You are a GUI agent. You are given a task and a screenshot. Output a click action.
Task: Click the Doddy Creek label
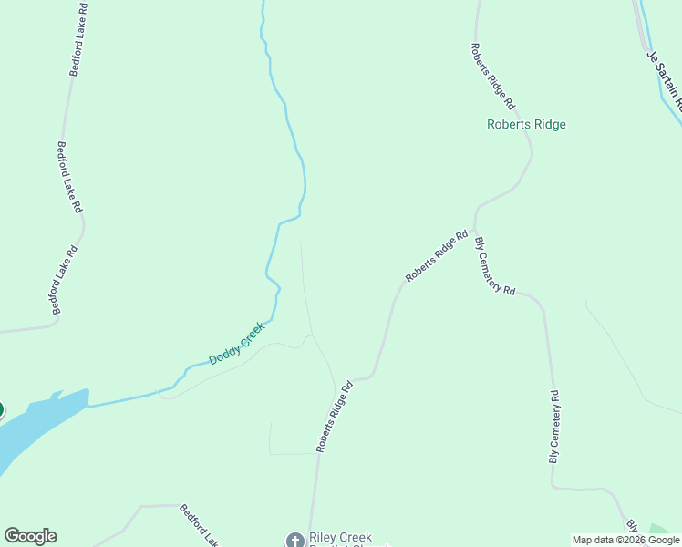tap(237, 344)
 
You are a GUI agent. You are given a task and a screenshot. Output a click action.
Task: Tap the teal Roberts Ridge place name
tap(526, 125)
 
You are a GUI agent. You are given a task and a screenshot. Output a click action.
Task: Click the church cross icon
tap(294, 541)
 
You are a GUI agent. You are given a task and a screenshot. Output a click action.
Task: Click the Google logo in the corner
tap(30, 536)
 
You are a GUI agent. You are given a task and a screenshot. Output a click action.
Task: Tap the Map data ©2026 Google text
tap(625, 540)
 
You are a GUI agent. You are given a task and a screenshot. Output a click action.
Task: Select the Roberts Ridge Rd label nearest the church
tap(334, 417)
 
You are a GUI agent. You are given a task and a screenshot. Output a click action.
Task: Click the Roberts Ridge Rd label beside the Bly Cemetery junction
tap(436, 256)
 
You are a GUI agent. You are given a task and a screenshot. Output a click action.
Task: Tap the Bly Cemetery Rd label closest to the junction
tap(494, 266)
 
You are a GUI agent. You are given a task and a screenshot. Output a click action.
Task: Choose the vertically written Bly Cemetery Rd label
tap(554, 427)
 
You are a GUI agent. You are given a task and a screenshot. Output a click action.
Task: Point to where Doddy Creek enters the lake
tap(89, 404)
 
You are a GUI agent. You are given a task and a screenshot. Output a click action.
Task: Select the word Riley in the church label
tap(324, 536)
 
